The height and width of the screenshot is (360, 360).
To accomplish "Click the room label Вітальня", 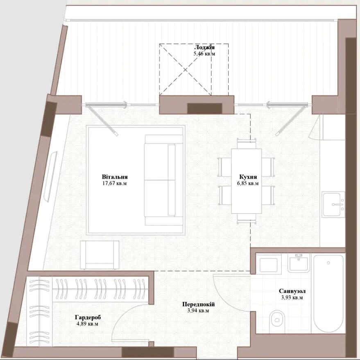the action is [115, 177].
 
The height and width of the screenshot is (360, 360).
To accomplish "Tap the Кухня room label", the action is [248, 177].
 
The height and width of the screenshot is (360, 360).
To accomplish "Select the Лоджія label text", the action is [204, 47].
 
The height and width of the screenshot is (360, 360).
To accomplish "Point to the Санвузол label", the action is [292, 291].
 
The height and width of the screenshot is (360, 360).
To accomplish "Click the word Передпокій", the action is [198, 304].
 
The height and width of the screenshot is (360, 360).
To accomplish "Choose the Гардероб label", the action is [88, 317].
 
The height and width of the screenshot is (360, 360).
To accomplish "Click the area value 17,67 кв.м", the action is [115, 183].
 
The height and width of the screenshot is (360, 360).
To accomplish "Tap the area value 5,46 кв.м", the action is [204, 54].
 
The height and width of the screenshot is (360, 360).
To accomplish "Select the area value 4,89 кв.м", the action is [87, 324].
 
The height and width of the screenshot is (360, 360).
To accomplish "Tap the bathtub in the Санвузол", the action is [328, 293].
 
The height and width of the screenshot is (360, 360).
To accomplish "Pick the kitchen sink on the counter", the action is [333, 204].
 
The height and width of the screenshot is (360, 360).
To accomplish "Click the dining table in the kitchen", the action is [247, 181].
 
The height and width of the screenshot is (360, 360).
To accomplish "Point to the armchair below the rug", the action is [100, 255].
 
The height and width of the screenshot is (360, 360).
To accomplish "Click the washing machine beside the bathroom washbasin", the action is [269, 264].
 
